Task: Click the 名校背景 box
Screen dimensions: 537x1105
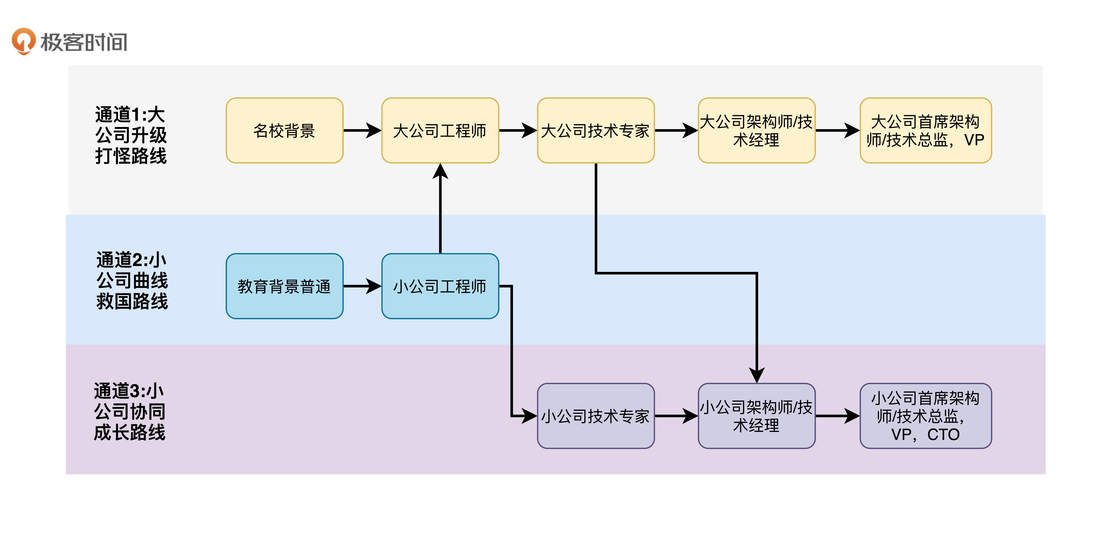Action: click(x=284, y=131)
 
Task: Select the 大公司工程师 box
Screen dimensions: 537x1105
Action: click(x=440, y=131)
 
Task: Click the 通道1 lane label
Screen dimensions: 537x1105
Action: click(x=131, y=135)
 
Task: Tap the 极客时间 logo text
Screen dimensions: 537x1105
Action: click(x=84, y=42)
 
